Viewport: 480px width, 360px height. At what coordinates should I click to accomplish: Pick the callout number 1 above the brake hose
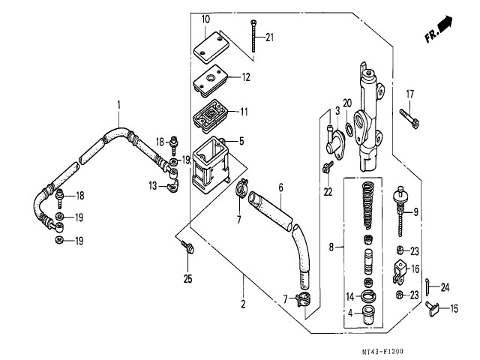tap(118, 104)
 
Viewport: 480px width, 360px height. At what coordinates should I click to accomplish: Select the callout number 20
tap(346, 103)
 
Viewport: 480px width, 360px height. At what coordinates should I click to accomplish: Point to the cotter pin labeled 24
tap(426, 286)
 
